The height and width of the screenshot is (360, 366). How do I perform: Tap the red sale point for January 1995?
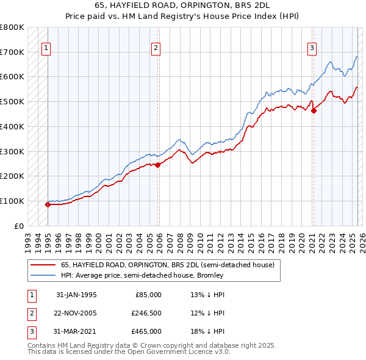pos(48,204)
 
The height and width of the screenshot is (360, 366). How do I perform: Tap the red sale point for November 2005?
pos(157,164)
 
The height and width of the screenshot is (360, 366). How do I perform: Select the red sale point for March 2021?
pos(314,110)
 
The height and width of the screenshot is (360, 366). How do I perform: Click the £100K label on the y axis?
pos(12,201)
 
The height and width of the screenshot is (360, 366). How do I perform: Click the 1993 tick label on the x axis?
pos(28,239)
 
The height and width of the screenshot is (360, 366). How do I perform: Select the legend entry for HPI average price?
pos(142,275)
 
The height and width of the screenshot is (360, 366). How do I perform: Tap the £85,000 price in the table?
pos(148,295)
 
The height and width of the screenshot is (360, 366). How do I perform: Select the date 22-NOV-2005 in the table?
pos(76,313)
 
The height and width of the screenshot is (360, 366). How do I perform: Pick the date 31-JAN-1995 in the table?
pos(76,295)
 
